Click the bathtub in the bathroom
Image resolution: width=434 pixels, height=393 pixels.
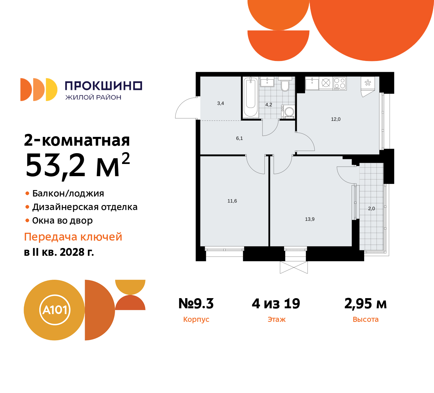pyautogui.click(x=251, y=97)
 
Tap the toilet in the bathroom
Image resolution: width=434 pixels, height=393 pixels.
pyautogui.click(x=285, y=86)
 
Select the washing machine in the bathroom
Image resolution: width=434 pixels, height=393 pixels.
pyautogui.click(x=289, y=111)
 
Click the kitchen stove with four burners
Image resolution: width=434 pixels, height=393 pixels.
pyautogui.click(x=340, y=83)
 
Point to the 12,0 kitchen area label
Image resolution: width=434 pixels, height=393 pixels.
pyautogui.click(x=336, y=119)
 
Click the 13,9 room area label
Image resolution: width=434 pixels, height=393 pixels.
pyautogui.click(x=310, y=219)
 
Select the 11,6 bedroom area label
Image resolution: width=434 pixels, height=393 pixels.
pyautogui.click(x=232, y=201)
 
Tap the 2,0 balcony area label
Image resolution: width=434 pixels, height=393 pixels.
pyautogui.click(x=371, y=209)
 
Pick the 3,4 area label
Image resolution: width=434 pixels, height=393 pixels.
pyautogui.click(x=220, y=103)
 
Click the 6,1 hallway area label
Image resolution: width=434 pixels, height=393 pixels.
pyautogui.click(x=239, y=138)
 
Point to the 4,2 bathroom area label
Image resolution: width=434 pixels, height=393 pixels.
pyautogui.click(x=269, y=105)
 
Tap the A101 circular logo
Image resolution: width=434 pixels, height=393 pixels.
pyautogui.click(x=55, y=310)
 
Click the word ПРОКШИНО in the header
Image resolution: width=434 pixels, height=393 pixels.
pyautogui.click(x=103, y=86)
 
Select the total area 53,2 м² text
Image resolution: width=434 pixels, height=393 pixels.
pyautogui.click(x=78, y=166)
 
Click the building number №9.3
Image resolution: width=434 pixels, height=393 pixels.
pyautogui.click(x=196, y=304)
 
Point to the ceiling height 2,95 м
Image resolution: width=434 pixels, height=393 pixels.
pyautogui.click(x=366, y=304)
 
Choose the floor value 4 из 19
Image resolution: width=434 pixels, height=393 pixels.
pyautogui.click(x=276, y=304)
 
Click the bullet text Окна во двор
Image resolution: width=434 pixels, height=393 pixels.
pyautogui.click(x=62, y=221)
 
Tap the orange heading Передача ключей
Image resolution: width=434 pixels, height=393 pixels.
pyautogui.click(x=73, y=237)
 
